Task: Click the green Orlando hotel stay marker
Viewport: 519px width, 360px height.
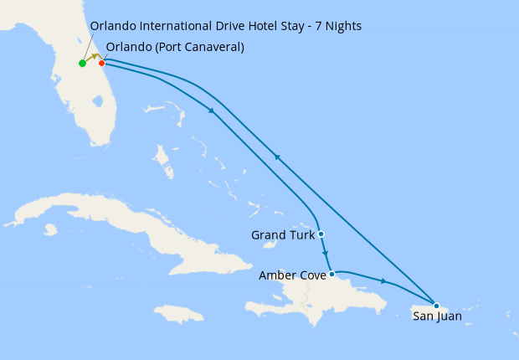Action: (x=82, y=64)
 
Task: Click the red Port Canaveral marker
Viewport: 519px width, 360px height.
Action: (x=101, y=64)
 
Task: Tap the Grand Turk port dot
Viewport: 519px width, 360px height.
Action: (x=321, y=234)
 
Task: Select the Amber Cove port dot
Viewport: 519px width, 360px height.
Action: (x=332, y=274)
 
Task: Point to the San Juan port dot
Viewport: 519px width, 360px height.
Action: (x=436, y=305)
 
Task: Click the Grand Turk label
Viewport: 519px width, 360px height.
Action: (x=283, y=235)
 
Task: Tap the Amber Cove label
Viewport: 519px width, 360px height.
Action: (x=292, y=275)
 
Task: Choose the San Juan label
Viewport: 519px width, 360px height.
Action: (x=437, y=317)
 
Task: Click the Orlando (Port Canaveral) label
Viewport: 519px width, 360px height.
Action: (x=175, y=47)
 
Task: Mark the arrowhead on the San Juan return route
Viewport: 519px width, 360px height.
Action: (x=275, y=157)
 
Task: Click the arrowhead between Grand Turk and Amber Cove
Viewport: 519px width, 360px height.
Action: (x=325, y=255)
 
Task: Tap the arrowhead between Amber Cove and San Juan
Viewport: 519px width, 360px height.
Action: (x=383, y=281)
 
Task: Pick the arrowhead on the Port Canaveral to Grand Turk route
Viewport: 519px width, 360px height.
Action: (x=212, y=111)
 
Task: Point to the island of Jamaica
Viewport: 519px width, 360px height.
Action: (x=179, y=313)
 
